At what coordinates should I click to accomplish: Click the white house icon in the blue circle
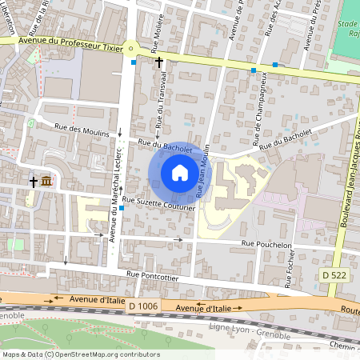click(179, 172)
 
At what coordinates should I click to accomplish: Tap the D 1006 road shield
click(142, 306)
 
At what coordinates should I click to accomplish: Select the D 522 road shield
click(334, 275)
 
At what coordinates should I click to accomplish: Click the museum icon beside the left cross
click(47, 182)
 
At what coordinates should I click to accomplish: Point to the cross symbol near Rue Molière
click(158, 62)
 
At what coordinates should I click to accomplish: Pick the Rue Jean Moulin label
click(202, 171)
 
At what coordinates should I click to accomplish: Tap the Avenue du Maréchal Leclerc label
click(114, 195)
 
